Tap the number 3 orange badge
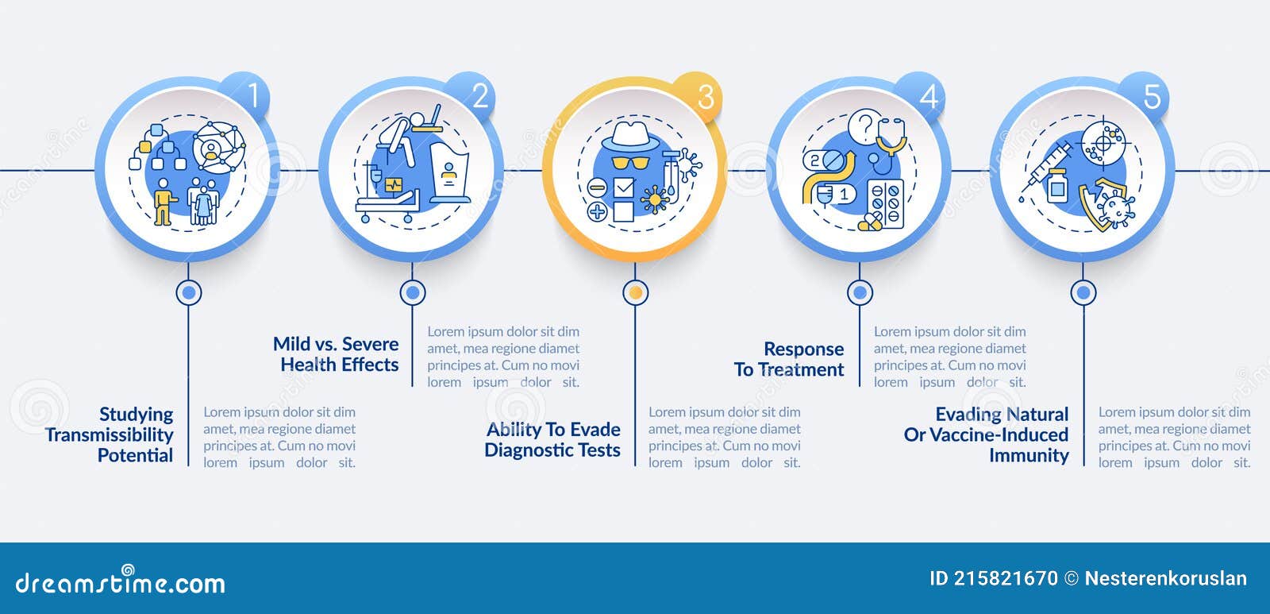699,95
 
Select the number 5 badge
1146,95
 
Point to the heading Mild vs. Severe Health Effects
336,354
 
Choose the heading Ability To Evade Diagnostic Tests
552,440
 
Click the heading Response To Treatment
789,359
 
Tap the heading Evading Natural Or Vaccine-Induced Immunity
986,434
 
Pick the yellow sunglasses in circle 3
630,163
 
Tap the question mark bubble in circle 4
864,126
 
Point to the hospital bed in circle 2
388,205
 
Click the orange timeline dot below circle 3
636,293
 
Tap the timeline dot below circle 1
189,293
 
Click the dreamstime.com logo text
120,581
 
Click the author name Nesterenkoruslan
1166,578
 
